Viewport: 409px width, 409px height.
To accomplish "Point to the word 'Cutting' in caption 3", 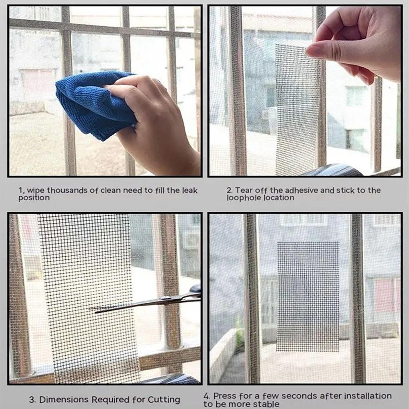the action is [164, 400].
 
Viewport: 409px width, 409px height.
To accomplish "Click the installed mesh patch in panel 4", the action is [308, 296].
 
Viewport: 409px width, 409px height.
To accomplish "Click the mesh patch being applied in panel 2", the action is [297, 110].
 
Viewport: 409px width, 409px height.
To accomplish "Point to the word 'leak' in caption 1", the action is [190, 191].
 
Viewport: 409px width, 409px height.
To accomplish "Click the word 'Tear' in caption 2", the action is [244, 191].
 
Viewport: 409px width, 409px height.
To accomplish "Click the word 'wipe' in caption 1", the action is [36, 191].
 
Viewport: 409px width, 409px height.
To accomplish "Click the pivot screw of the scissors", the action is [164, 298].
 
